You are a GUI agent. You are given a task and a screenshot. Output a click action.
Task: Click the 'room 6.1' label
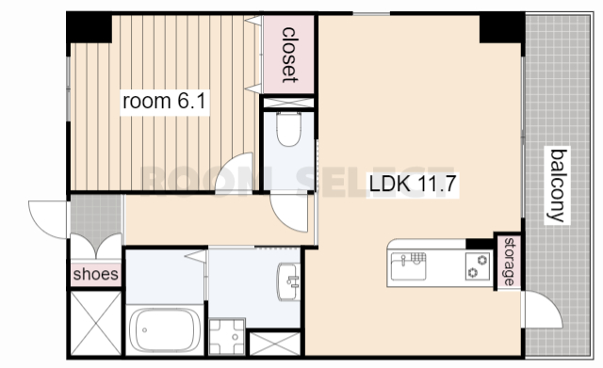click(x=164, y=101)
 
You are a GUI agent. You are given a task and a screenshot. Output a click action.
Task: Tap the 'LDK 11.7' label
click(x=413, y=184)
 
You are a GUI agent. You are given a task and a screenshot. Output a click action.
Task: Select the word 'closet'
click(x=289, y=55)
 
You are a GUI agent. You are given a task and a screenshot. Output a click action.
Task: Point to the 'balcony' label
click(x=559, y=185)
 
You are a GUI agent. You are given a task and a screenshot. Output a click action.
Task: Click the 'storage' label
click(x=509, y=262)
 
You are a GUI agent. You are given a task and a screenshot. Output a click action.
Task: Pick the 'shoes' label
click(x=96, y=274)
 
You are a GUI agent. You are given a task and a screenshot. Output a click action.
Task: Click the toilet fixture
click(x=288, y=129)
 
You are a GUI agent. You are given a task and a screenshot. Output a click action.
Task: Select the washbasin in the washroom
click(x=288, y=281)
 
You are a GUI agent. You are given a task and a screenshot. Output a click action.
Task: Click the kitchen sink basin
click(x=408, y=265)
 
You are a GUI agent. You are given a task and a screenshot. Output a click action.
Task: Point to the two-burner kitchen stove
click(x=478, y=266)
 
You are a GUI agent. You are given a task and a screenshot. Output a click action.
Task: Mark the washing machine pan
click(x=227, y=337)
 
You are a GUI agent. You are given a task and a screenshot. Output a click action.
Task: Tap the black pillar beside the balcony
click(x=500, y=29)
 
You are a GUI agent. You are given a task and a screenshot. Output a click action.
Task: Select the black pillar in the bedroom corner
click(x=90, y=28)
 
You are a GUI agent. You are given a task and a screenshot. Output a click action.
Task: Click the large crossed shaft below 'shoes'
click(x=96, y=323)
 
